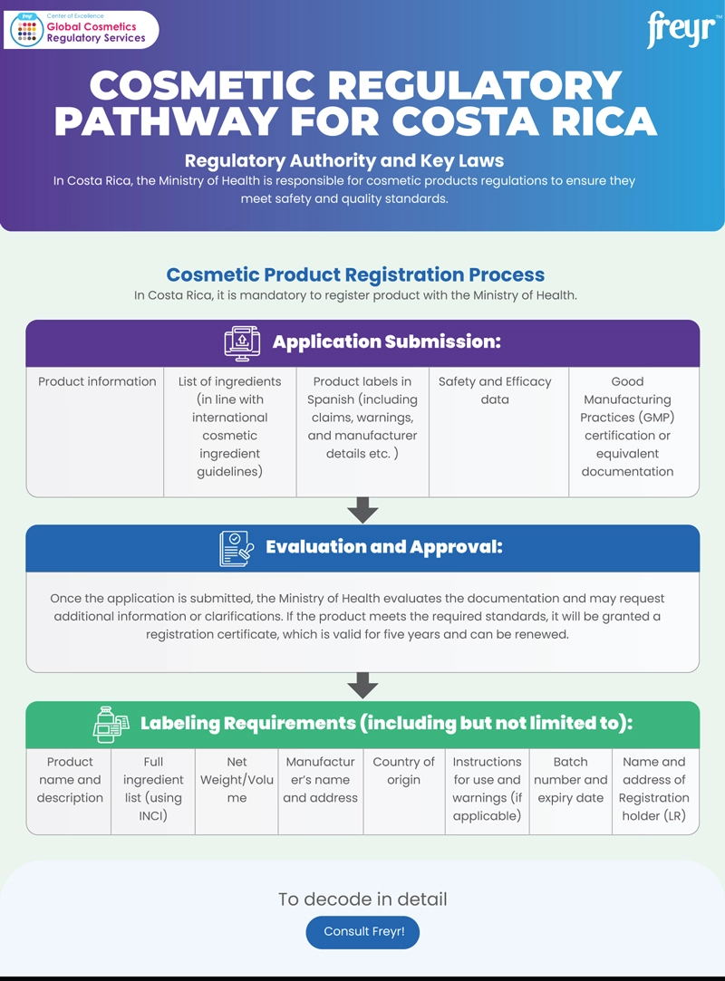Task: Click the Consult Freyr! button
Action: (362, 931)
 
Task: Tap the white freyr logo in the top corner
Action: (681, 31)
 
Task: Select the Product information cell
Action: (97, 382)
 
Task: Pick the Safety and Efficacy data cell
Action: (495, 390)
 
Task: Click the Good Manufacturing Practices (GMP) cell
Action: (627, 426)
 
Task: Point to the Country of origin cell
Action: (403, 771)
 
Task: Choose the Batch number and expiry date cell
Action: (570, 780)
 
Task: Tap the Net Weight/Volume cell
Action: (237, 780)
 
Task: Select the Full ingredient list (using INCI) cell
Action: (153, 788)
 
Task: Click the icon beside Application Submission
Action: (242, 342)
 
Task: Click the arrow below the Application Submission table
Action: (362, 510)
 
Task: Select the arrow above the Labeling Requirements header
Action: (362, 686)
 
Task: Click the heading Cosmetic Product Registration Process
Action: (355, 274)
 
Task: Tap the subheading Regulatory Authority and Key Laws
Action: (344, 161)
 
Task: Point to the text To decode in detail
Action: (362, 899)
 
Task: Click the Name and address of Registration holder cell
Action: (654, 788)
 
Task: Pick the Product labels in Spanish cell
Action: (362, 418)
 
